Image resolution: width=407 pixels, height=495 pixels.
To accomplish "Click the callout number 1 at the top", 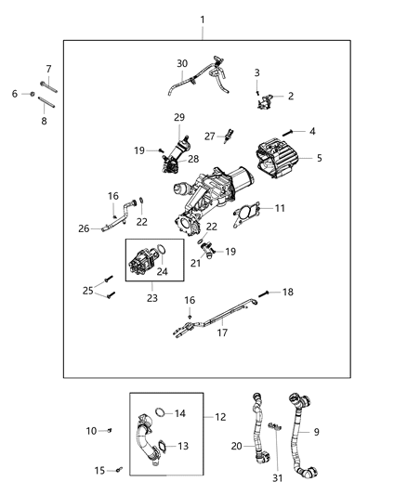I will [204, 20].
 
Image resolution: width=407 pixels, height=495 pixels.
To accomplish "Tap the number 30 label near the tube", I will [182, 63].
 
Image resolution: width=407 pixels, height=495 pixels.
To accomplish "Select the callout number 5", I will [321, 158].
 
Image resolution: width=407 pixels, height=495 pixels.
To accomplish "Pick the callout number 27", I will [209, 136].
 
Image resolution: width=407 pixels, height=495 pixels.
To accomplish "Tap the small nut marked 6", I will [32, 94].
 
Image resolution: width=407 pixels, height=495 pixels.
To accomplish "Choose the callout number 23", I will [151, 298].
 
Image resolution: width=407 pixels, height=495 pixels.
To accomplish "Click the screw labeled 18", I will [265, 293].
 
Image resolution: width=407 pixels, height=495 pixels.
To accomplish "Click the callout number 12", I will [221, 417].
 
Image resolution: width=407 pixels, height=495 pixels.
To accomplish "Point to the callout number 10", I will [91, 430].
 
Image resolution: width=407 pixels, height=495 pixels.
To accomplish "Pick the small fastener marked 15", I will [121, 470].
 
